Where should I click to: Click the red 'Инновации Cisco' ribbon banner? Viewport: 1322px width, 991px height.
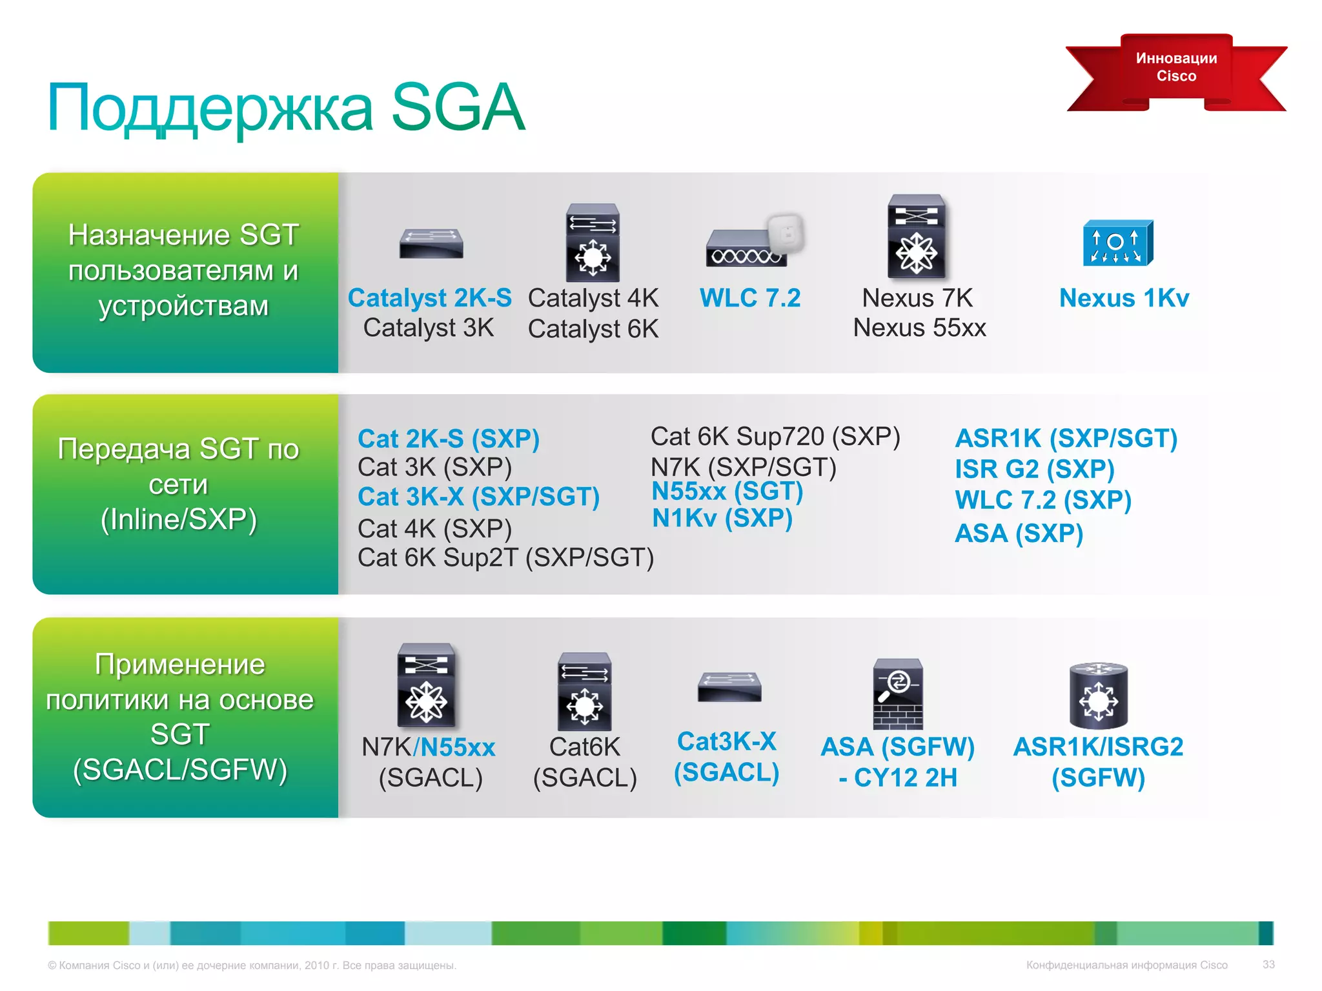(x=1176, y=68)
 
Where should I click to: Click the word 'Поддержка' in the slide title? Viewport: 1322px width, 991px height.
(x=210, y=108)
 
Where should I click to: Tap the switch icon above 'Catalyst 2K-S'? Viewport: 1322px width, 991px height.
(x=431, y=243)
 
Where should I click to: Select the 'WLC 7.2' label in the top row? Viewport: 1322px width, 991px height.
(x=750, y=298)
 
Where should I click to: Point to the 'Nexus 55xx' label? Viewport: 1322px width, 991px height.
(x=919, y=328)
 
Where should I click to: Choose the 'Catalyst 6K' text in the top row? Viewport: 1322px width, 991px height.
(x=593, y=329)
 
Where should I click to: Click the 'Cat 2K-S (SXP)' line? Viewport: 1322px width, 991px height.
(x=449, y=439)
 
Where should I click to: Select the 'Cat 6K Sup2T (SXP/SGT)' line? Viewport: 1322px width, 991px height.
(x=505, y=557)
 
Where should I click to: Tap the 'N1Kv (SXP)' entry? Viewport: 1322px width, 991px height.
(x=722, y=518)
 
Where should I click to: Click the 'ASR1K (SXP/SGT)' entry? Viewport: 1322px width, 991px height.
(x=1066, y=439)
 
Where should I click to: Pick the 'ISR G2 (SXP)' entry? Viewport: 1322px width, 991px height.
(x=1035, y=469)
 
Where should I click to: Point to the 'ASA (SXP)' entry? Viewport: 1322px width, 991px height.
(x=1019, y=534)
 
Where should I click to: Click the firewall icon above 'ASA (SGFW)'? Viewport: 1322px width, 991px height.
(x=898, y=694)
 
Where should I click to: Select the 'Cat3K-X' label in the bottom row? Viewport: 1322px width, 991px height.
(x=727, y=742)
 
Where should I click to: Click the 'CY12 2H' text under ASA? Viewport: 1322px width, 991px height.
(x=906, y=778)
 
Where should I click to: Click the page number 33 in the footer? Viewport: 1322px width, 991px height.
(x=1268, y=965)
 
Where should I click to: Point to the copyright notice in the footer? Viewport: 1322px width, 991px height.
(x=252, y=966)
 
